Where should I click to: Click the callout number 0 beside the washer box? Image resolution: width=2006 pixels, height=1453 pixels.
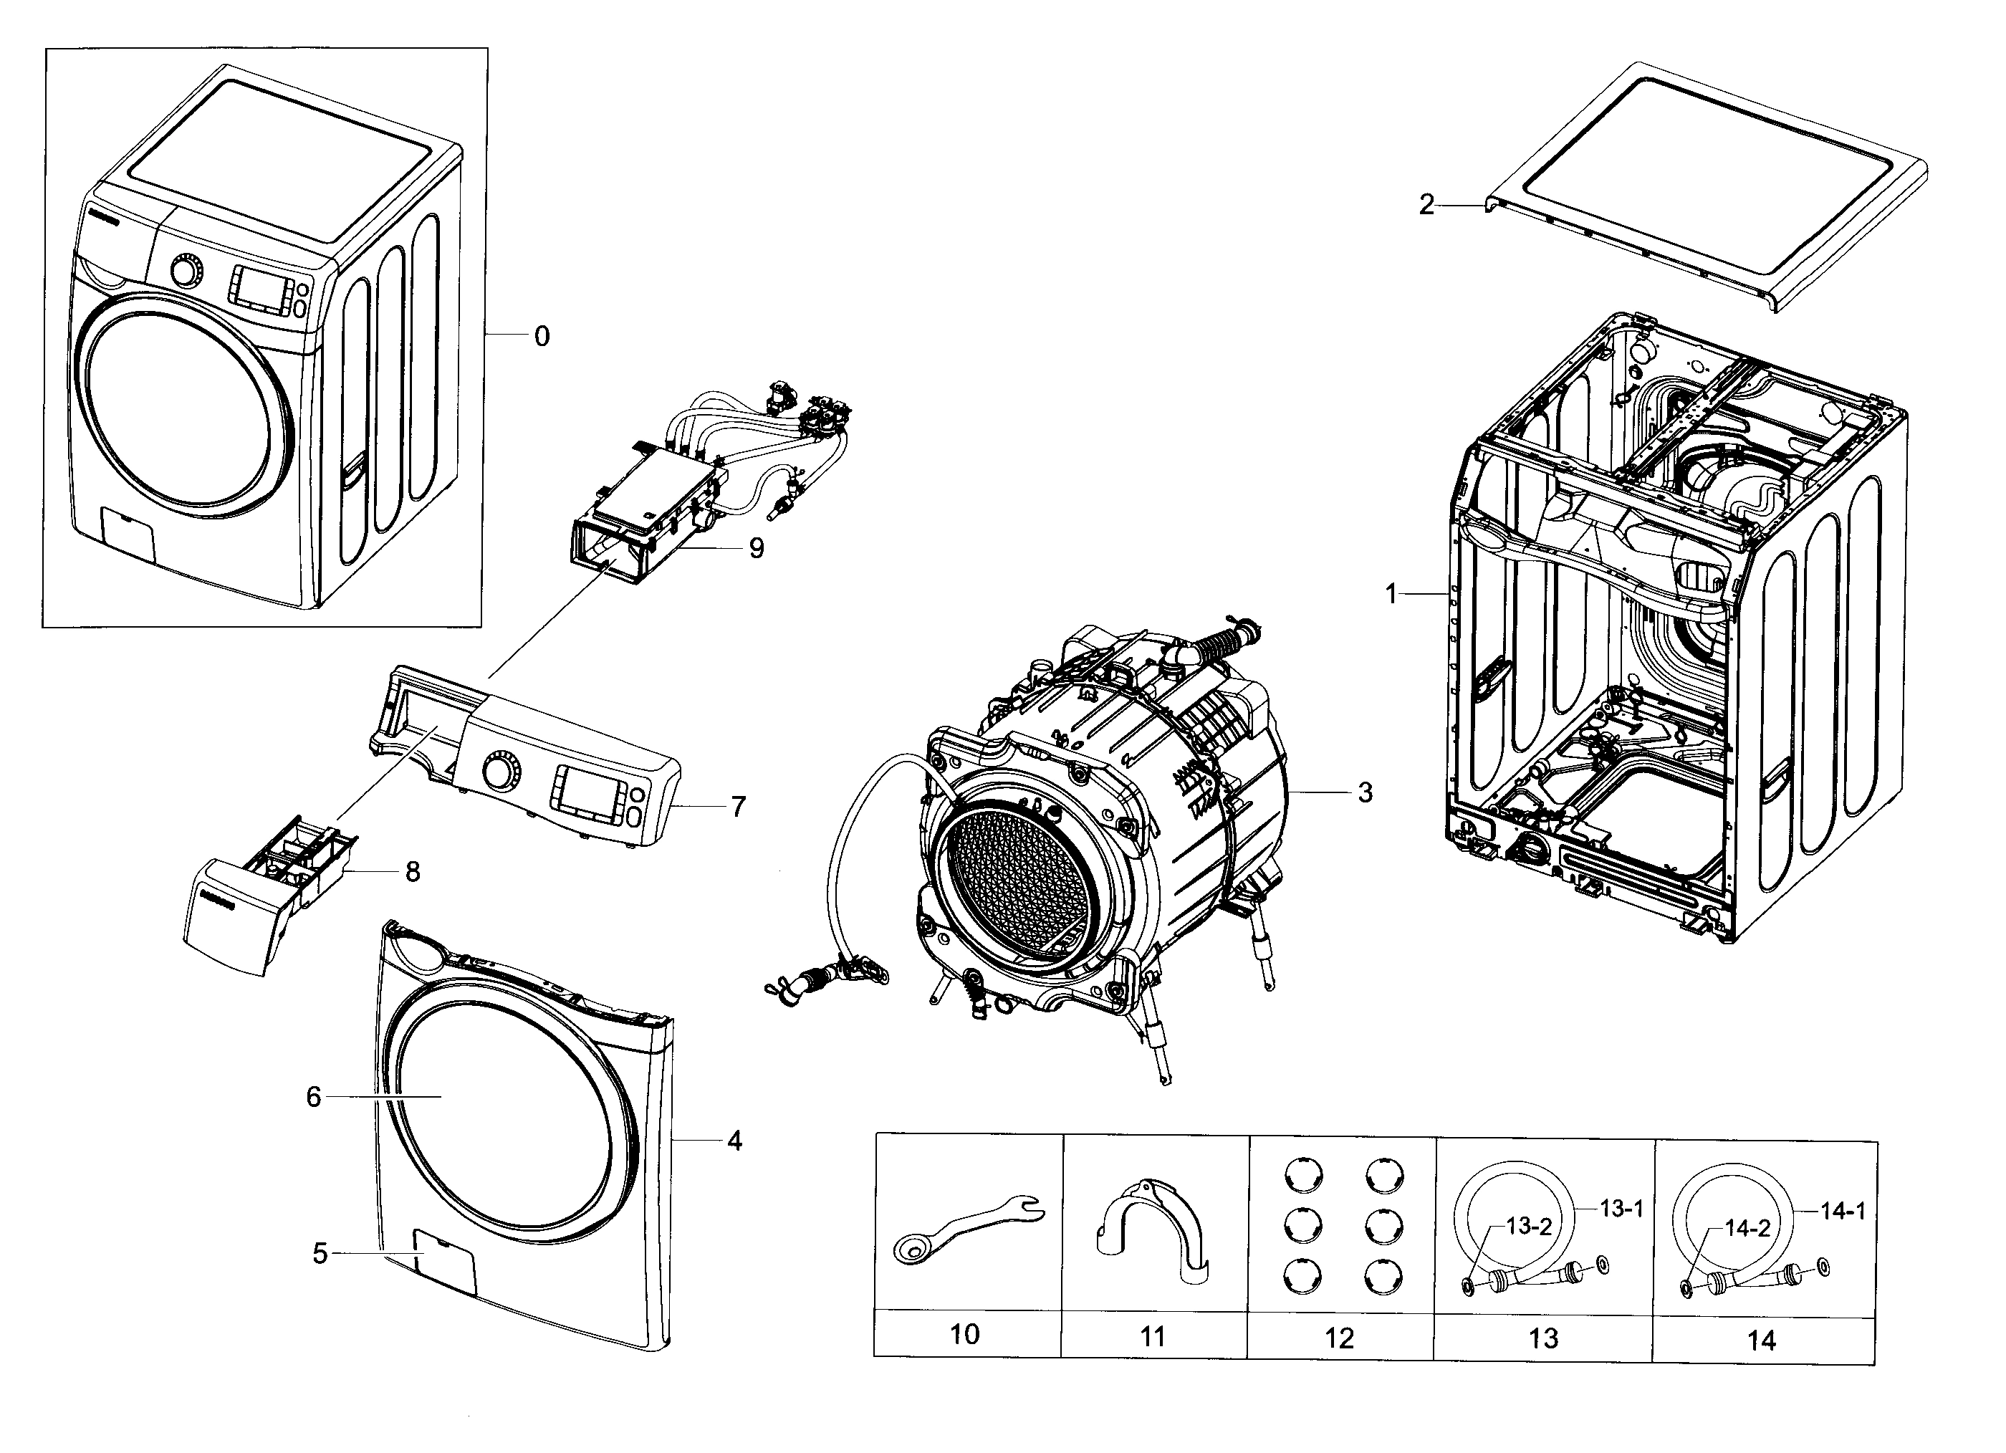tap(542, 336)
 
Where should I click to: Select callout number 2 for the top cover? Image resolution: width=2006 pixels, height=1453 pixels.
tap(1426, 205)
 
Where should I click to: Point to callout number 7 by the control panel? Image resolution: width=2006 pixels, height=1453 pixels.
tap(738, 807)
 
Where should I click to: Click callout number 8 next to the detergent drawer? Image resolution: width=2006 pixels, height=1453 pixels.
tap(412, 872)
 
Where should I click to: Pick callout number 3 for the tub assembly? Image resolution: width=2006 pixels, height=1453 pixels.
tap(1365, 792)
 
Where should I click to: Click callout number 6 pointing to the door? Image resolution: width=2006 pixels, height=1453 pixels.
tap(313, 1097)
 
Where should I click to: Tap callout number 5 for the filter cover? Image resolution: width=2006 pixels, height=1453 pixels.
tap(320, 1253)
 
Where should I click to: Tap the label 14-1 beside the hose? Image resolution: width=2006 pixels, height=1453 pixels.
tap(1843, 1212)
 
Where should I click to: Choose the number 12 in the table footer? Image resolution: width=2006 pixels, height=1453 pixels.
tap(1339, 1338)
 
